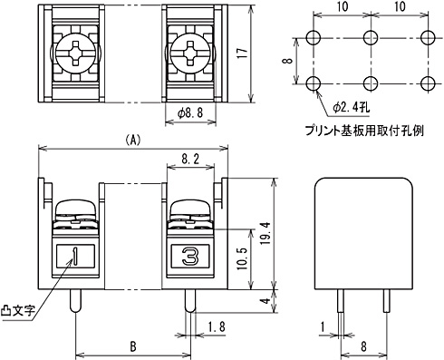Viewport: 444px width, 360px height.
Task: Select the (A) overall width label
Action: click(x=132, y=141)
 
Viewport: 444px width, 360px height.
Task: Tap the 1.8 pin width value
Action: click(x=216, y=326)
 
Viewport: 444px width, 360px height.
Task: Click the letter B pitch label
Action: click(x=132, y=345)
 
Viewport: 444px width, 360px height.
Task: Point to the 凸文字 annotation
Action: click(x=18, y=310)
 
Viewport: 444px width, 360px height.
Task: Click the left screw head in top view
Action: click(x=75, y=54)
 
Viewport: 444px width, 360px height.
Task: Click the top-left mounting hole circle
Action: click(x=314, y=38)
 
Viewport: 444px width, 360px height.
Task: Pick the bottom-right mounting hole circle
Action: click(x=427, y=84)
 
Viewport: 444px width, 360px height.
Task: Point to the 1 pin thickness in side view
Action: click(x=323, y=326)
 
